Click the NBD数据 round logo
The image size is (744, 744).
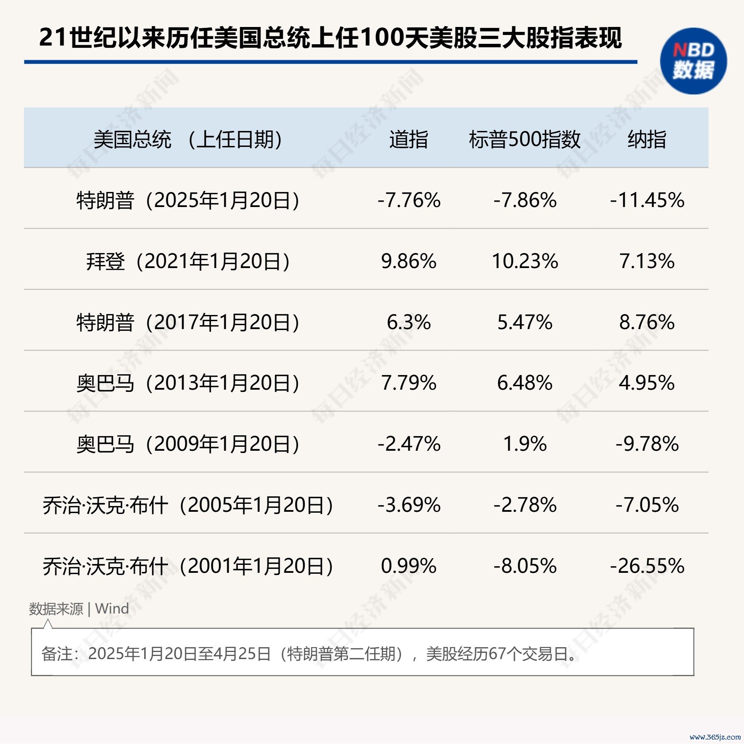[693, 61]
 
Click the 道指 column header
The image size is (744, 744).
[408, 139]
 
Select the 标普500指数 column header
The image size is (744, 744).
[525, 139]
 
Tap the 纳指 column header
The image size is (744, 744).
[647, 139]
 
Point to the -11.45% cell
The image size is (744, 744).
[647, 200]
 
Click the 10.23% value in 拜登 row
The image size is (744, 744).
[525, 261]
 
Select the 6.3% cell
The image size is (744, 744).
[408, 322]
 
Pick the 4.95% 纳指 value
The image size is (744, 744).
[647, 383]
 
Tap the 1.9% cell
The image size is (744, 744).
[525, 444]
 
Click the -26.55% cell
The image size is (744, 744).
[647, 566]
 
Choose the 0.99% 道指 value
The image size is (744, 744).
[408, 566]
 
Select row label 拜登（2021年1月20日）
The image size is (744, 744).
[188, 261]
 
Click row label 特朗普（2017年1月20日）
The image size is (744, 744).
[188, 322]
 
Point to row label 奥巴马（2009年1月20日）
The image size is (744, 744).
[188, 444]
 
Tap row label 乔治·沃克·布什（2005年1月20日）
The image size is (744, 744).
[188, 505]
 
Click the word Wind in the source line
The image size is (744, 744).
[112, 609]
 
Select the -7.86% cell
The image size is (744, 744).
[525, 200]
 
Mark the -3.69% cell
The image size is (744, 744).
[408, 505]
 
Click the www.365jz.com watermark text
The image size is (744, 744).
[715, 737]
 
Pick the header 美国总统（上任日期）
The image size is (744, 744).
[188, 139]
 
